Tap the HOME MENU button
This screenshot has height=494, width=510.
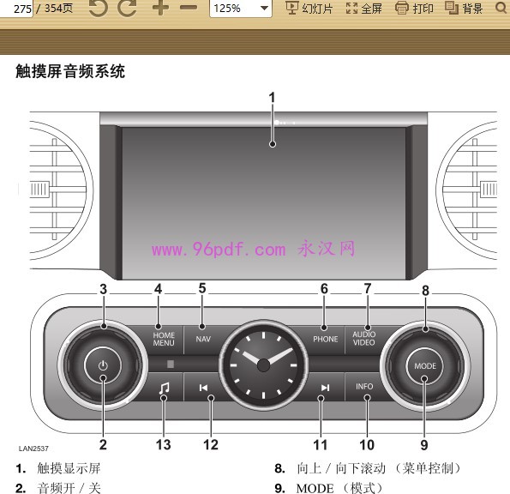164,340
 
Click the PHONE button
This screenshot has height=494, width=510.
325,340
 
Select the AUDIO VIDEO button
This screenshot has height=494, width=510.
364,339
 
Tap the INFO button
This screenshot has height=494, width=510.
364,387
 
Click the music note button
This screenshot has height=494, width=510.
164,388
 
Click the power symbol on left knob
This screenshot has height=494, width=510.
103,365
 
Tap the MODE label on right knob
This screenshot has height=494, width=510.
425,366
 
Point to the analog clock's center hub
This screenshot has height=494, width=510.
263,365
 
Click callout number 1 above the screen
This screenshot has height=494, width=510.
272,98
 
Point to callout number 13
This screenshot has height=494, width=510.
163,444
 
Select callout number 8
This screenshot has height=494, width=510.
425,291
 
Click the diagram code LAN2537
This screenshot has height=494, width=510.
33,449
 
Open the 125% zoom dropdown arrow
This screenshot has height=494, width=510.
265,8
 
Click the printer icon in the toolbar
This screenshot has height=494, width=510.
402,8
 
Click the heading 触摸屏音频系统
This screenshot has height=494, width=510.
70,71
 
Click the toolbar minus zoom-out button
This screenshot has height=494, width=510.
189,8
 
